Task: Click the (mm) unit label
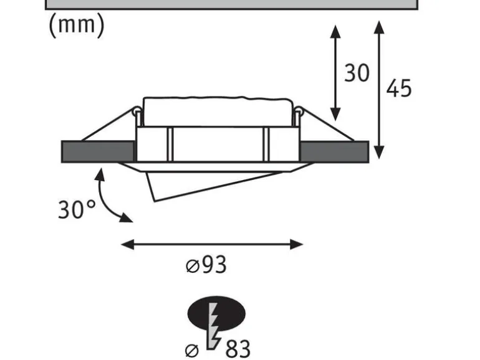click(77, 26)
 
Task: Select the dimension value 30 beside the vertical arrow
click(357, 73)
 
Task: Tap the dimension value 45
click(399, 88)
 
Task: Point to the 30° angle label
click(77, 209)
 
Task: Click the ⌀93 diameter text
click(206, 265)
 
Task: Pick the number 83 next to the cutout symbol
click(238, 349)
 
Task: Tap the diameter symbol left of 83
click(192, 351)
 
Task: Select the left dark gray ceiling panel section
click(98, 152)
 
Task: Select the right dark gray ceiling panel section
click(334, 152)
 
